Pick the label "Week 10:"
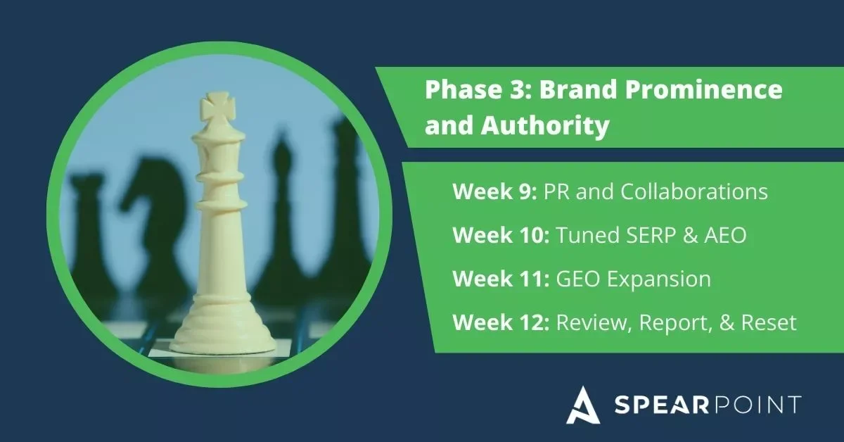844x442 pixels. point(501,236)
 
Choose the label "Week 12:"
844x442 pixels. point(501,323)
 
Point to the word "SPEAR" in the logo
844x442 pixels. point(655,406)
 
